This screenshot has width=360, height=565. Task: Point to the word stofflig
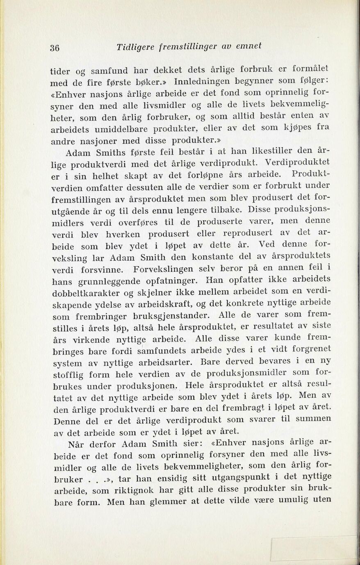click(69, 375)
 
